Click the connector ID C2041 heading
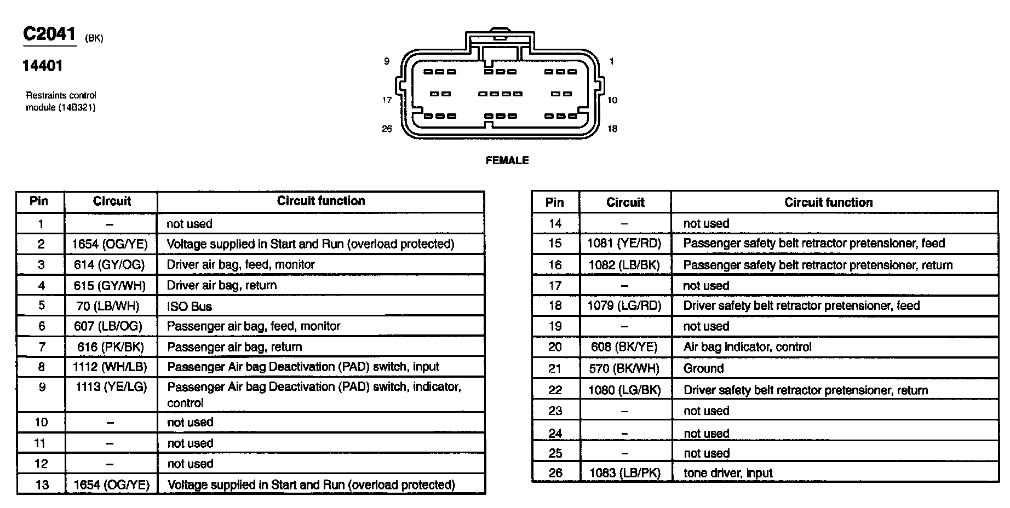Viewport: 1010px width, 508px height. [x=49, y=34]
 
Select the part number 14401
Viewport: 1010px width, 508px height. [x=43, y=66]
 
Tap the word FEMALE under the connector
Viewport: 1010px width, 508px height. [x=507, y=160]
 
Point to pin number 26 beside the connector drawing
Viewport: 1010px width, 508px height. [x=387, y=129]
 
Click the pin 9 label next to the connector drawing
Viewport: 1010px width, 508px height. [x=387, y=61]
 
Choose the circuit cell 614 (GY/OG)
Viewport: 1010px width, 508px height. [x=110, y=265]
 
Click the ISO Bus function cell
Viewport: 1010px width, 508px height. [x=190, y=307]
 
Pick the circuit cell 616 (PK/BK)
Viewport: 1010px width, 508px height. [x=110, y=347]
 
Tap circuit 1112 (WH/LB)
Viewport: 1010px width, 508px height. [x=110, y=367]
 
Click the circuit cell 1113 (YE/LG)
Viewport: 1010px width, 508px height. [x=111, y=387]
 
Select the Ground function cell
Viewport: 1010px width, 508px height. [x=703, y=368]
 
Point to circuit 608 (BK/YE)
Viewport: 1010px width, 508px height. [x=624, y=347]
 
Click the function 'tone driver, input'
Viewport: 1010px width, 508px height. [x=728, y=473]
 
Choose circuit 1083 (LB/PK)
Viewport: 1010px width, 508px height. [x=624, y=473]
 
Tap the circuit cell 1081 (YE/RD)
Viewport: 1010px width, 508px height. [x=624, y=243]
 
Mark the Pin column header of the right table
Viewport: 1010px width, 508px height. [x=555, y=203]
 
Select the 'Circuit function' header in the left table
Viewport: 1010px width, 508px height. [x=321, y=201]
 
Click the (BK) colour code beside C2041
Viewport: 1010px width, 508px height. [x=94, y=38]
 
